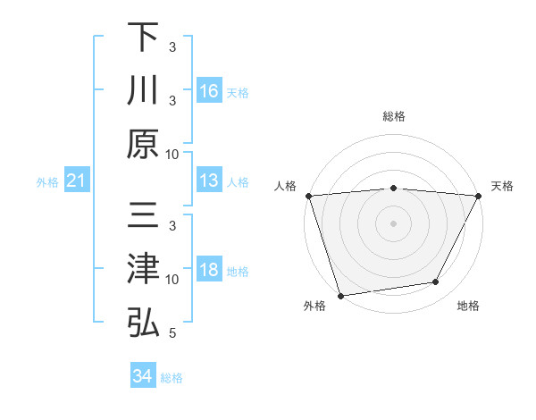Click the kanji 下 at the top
tap(143, 38)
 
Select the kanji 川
tap(143, 90)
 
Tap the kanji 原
tap(143, 143)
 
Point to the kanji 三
tap(143, 217)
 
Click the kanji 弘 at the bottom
tap(143, 323)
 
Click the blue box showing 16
tap(209, 91)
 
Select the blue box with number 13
tap(209, 181)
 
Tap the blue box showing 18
tap(209, 271)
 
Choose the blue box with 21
tap(77, 181)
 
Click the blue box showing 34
tap(143, 376)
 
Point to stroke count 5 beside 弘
tap(172, 333)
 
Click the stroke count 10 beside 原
tap(172, 154)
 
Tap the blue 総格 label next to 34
tap(172, 377)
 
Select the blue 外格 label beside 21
tap(47, 182)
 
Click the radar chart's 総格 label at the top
tap(393, 116)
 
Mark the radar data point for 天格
tap(480, 196)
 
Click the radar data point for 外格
tap(340, 295)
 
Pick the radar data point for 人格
tap(308, 196)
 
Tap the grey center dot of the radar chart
tap(393, 223)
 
